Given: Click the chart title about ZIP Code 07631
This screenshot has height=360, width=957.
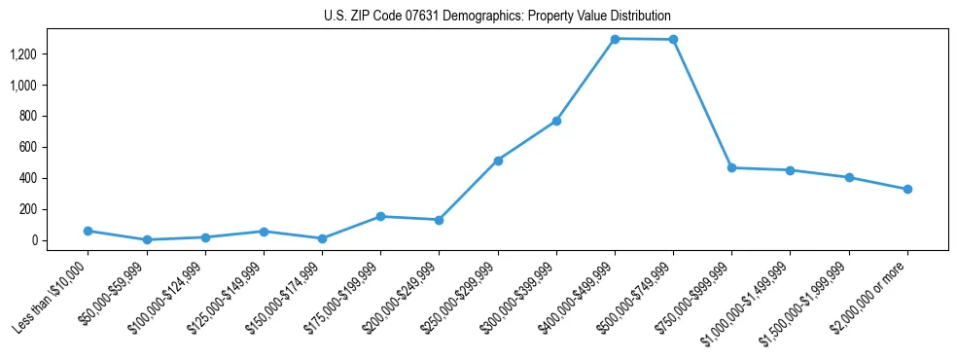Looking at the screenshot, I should click(497, 17).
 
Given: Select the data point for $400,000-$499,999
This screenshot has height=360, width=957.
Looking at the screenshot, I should click(615, 39).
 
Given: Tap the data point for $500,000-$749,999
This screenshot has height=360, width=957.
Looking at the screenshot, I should click(673, 40).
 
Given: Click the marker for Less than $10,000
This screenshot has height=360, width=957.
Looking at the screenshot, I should click(88, 231).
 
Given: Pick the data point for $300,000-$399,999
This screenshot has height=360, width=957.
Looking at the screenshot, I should click(556, 121).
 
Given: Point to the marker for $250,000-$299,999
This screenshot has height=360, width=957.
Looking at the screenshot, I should click(498, 161).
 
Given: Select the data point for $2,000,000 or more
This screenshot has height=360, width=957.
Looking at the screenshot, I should click(907, 189).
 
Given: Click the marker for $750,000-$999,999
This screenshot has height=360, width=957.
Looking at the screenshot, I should click(731, 167).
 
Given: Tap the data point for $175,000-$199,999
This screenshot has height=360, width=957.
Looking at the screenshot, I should click(380, 216).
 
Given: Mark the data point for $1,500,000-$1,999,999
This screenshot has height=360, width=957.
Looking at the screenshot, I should click(849, 177).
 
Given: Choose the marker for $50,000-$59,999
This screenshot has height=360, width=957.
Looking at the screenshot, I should click(146, 239).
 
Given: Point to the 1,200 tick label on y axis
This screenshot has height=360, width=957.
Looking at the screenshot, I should click(22, 54).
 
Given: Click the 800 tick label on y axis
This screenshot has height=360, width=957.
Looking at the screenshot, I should click(26, 117).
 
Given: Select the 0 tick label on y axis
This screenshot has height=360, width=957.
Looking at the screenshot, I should click(33, 240).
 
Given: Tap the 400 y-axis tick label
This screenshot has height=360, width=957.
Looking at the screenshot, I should click(26, 178).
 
